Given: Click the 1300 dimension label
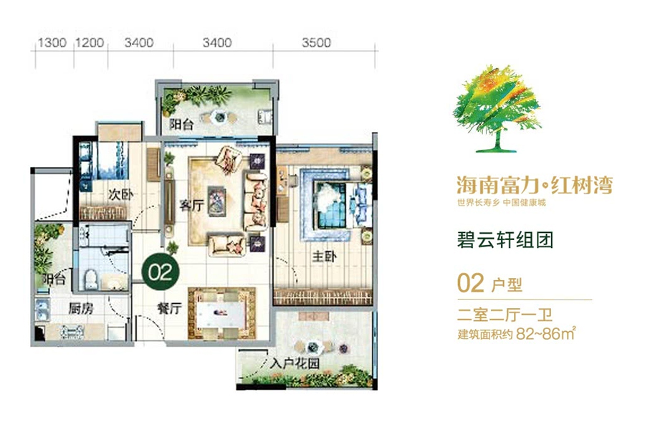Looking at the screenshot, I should tap(52, 43).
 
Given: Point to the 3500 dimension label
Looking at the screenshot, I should tap(316, 43).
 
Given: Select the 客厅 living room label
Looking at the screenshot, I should tap(189, 206).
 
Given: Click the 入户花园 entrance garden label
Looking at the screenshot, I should tap(295, 363).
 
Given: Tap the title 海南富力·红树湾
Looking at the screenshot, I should tap(534, 185).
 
